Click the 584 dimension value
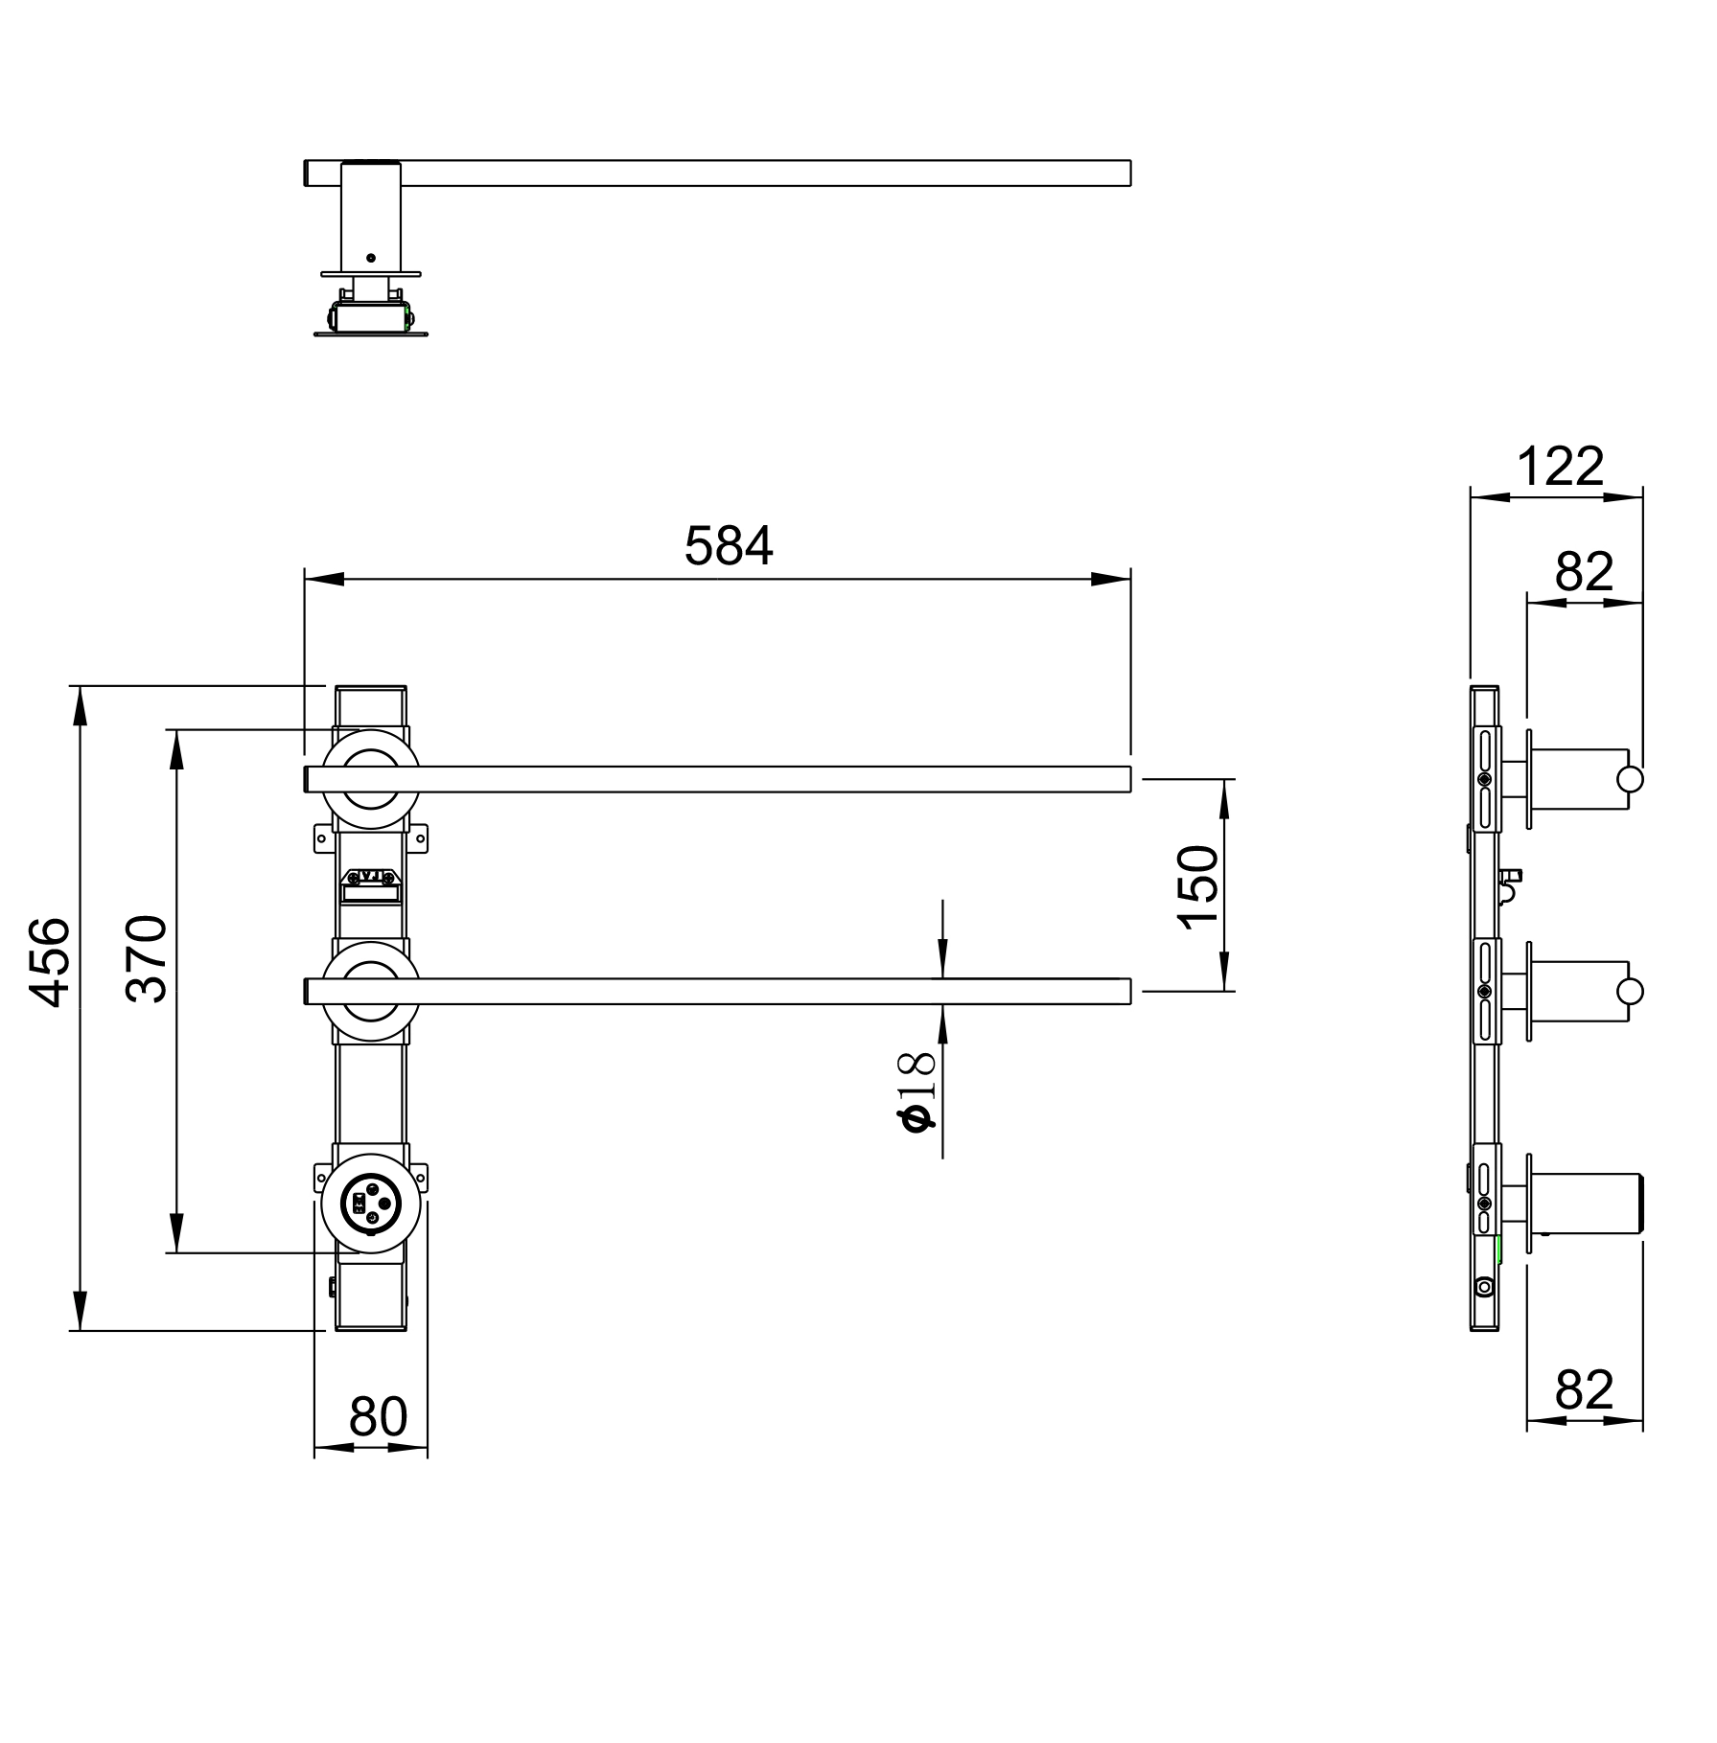[x=728, y=546]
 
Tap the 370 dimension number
[x=147, y=958]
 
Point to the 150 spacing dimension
[x=1198, y=886]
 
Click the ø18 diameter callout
[x=916, y=1091]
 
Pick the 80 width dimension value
[x=379, y=1416]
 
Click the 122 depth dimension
[x=1560, y=468]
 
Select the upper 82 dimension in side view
[x=1585, y=572]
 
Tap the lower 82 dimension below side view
[x=1585, y=1390]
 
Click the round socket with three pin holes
[x=370, y=1205]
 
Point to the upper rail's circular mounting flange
[x=370, y=779]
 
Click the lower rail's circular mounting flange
[x=370, y=992]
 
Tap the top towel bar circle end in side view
[x=1629, y=779]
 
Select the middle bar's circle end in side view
[x=1629, y=991]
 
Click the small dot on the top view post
[x=371, y=258]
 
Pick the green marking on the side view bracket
[x=1498, y=1250]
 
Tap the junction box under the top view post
[x=370, y=316]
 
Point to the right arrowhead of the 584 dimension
[x=1111, y=579]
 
